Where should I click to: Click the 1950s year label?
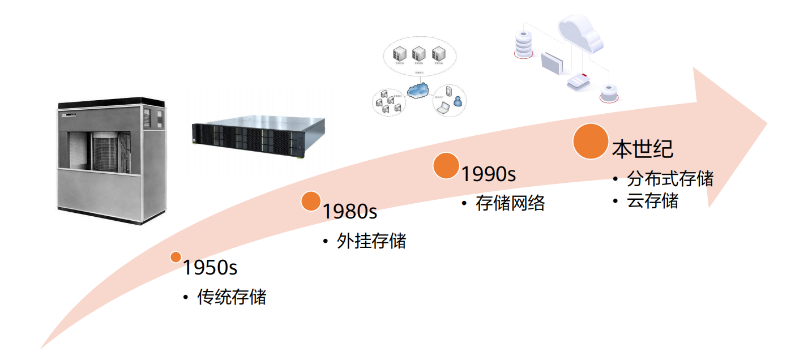pos(209,268)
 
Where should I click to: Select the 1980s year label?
pos(349,212)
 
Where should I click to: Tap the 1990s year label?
pos(488,174)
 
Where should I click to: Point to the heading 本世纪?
pos(642,149)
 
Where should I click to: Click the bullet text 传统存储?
pos(232,297)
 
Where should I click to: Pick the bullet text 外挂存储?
pos(371,241)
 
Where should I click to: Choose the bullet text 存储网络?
pos(510,203)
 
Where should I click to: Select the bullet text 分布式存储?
pos(670,179)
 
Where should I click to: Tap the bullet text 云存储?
pos(652,201)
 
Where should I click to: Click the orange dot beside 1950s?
pos(176,257)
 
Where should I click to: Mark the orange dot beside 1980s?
pos(311,201)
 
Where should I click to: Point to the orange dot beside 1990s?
pos(446,166)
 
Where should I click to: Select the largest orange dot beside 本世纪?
pos(590,141)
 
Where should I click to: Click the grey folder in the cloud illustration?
pos(552,63)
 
